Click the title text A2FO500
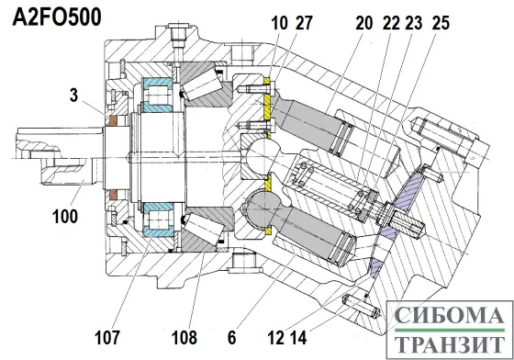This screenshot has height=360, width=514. (x=57, y=17)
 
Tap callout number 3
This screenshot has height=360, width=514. (x=74, y=96)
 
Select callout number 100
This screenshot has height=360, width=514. (x=65, y=216)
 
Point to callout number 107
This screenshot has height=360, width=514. (x=106, y=337)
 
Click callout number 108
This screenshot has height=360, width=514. (x=184, y=337)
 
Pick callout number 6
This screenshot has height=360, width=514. (x=231, y=337)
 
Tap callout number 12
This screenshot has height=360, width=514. (x=275, y=337)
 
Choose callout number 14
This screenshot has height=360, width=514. (x=298, y=337)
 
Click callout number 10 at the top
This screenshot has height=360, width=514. (x=279, y=23)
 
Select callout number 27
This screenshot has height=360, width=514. (x=304, y=23)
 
